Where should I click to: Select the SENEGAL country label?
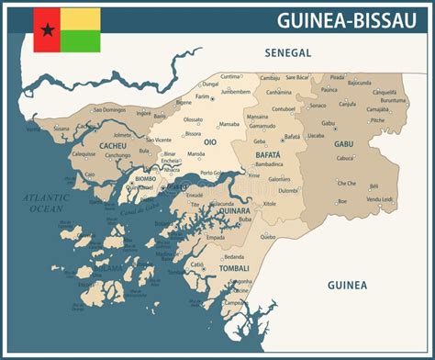pos(288,53)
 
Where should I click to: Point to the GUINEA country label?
pos(347,286)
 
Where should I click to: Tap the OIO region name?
pos(209,142)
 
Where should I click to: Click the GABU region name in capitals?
pos(343,144)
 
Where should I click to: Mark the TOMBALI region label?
pos(233,269)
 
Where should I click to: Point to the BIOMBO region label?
pos(145,178)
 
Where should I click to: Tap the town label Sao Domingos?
pos(107,110)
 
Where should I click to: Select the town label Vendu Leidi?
pos(379,199)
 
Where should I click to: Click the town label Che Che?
pos(346,183)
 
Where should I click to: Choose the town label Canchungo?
pos(118,155)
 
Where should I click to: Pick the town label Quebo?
pos(267,236)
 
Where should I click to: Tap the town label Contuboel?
pos(284,108)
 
